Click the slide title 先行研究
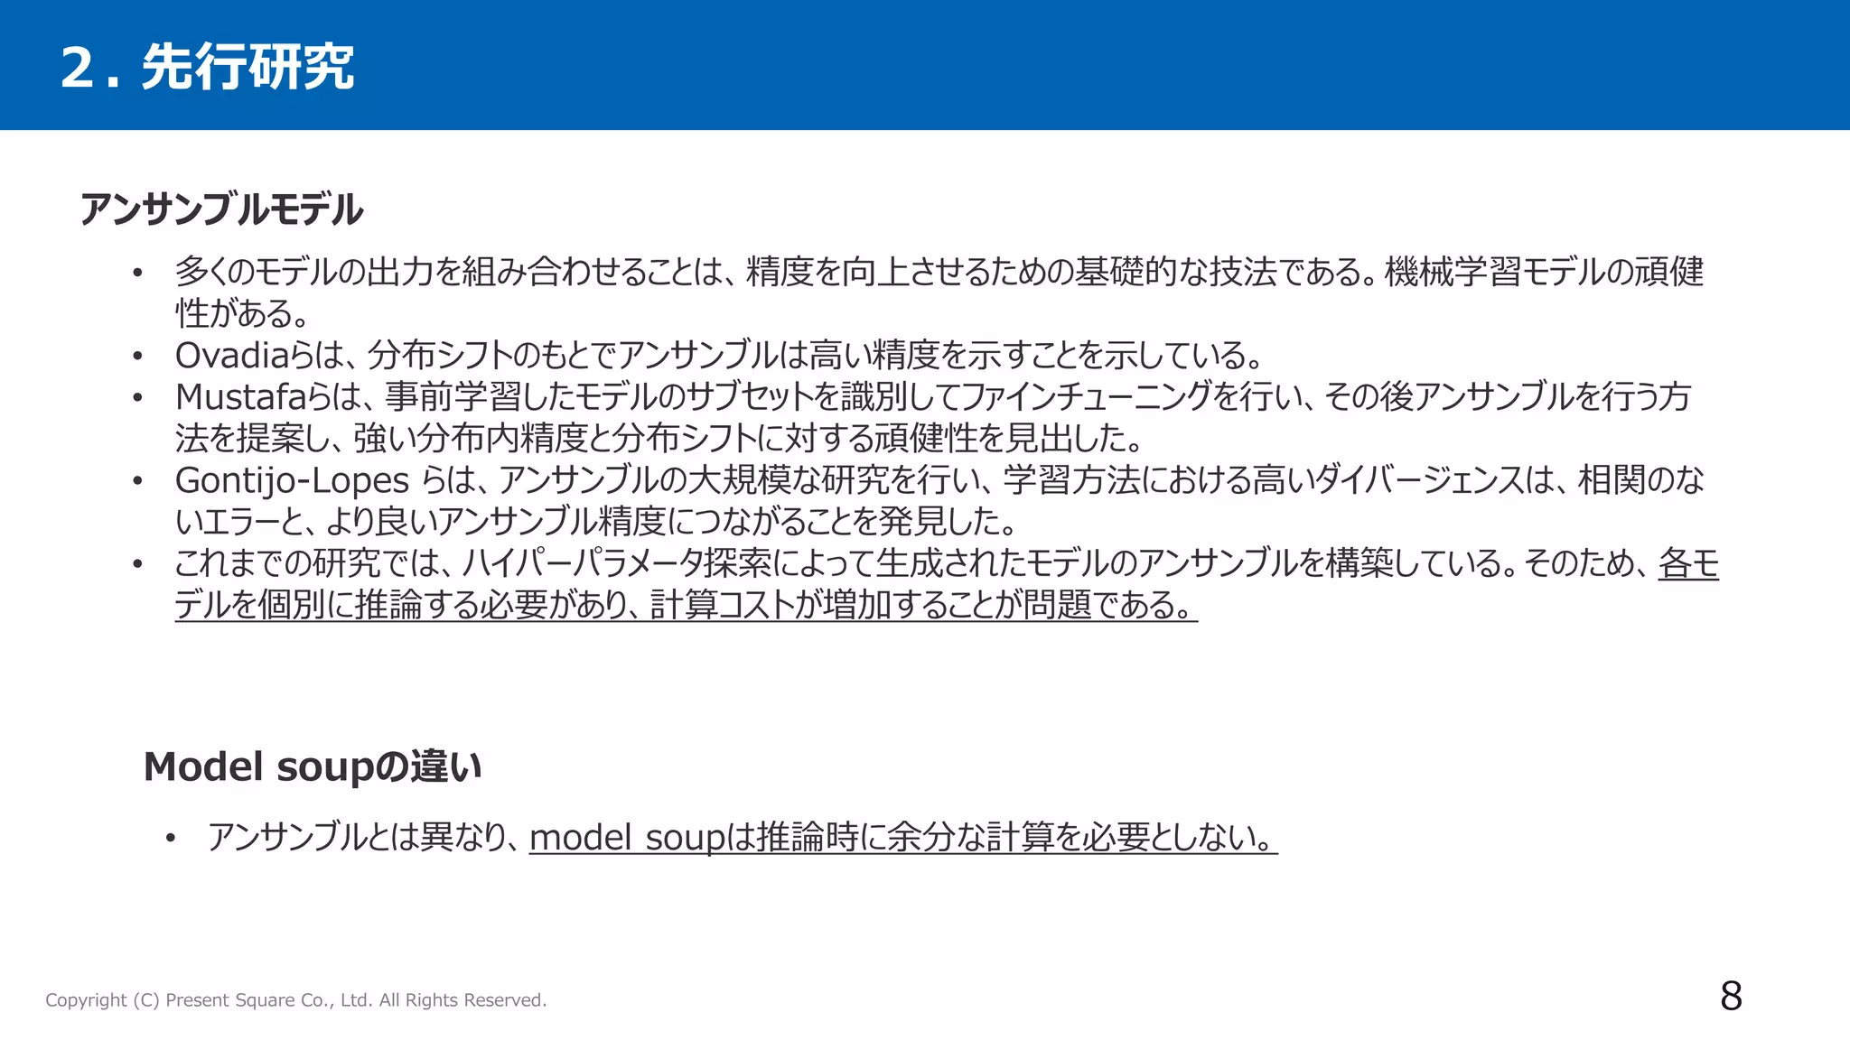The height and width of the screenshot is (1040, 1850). (x=248, y=68)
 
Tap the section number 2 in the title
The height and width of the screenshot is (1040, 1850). (x=78, y=68)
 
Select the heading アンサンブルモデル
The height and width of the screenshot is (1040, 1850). (x=221, y=209)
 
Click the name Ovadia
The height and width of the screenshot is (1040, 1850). (x=231, y=356)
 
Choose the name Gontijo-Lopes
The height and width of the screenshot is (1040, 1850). (x=292, y=480)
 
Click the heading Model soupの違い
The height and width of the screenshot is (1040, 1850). (x=313, y=767)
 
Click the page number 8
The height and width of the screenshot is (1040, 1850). (x=1731, y=997)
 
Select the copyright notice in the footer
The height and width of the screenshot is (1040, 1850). (x=295, y=1000)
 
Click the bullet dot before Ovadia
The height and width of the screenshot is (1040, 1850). (x=137, y=357)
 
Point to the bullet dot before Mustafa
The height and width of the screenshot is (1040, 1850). (x=137, y=398)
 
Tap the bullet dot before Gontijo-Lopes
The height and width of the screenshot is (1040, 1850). (x=137, y=481)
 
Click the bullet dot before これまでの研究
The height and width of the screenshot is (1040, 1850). (x=137, y=564)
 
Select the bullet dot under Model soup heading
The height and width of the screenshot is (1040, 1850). (x=170, y=839)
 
